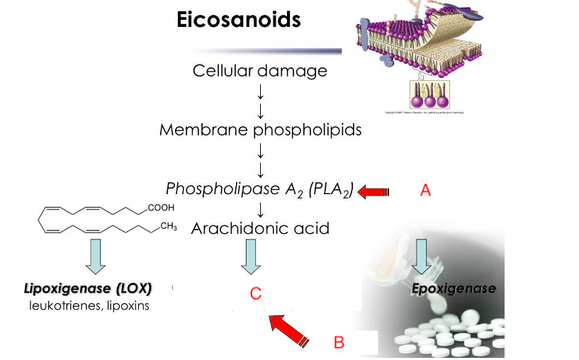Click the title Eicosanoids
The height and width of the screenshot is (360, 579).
[238, 20]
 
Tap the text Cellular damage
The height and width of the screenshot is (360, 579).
[260, 71]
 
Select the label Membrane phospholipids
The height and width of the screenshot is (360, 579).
[260, 130]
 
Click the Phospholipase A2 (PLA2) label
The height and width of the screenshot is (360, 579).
[259, 189]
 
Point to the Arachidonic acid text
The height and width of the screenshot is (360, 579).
[260, 228]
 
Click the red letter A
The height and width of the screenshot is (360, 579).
[425, 190]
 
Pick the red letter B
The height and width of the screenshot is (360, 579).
[339, 342]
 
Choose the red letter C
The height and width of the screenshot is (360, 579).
[256, 293]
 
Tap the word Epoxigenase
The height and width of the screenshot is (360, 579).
[454, 288]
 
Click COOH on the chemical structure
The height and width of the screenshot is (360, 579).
[161, 208]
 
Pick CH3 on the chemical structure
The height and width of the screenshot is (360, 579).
[168, 227]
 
